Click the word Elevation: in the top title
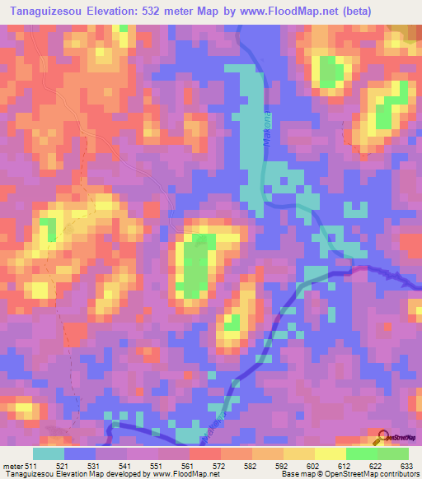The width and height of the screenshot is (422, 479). click(x=115, y=12)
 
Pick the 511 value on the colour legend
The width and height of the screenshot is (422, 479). click(x=31, y=464)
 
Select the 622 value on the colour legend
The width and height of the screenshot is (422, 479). click(x=375, y=464)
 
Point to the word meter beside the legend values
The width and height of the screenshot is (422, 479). click(x=12, y=464)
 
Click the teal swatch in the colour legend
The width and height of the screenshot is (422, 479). click(x=49, y=453)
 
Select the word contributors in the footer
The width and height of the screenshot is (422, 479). click(x=398, y=473)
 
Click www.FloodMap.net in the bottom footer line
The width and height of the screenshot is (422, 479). click(x=177, y=473)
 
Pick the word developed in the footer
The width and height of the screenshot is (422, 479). click(x=117, y=473)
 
